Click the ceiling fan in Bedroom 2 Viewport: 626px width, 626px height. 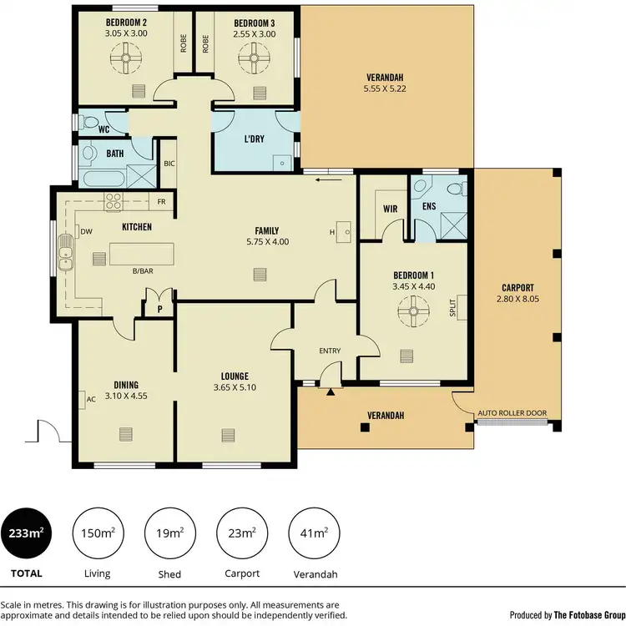pyautogui.click(x=123, y=58)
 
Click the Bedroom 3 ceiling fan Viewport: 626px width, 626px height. pyautogui.click(x=253, y=58)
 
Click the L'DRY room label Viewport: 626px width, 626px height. pyautogui.click(x=254, y=139)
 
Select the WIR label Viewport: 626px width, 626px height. pyautogui.click(x=389, y=209)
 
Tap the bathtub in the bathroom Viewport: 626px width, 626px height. pyautogui.click(x=101, y=178)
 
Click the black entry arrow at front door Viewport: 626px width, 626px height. pyautogui.click(x=332, y=391)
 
